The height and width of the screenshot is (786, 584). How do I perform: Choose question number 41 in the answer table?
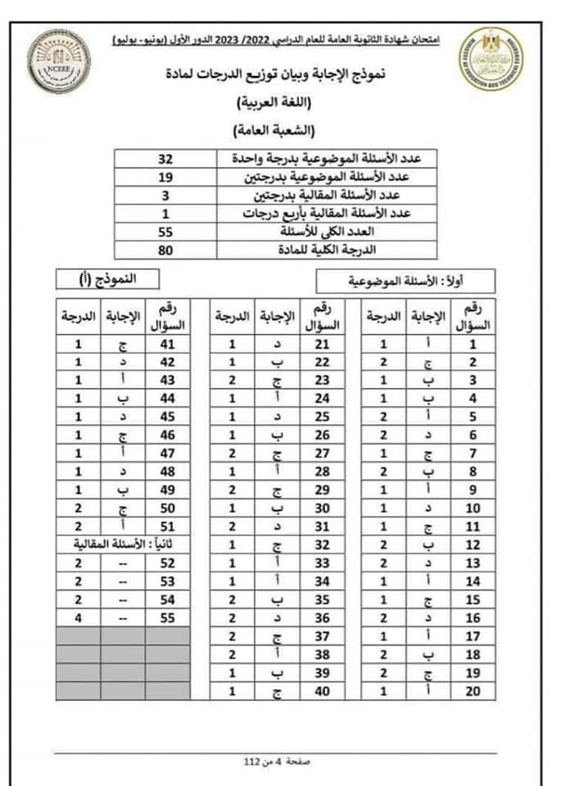tap(168, 345)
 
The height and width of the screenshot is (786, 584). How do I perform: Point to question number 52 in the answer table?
tap(168, 563)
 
